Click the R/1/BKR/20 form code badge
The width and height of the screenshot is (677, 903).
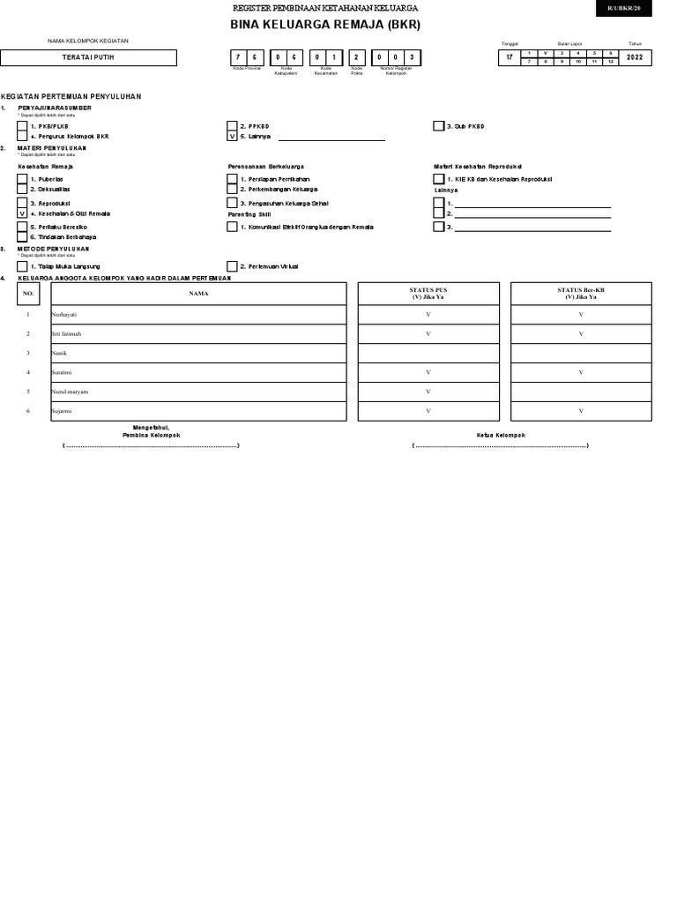pos(623,8)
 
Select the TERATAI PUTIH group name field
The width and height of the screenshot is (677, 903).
pos(88,57)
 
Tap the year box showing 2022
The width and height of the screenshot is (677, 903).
pos(635,57)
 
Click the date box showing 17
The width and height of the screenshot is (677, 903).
pos(509,57)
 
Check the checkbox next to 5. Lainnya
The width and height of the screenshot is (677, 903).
pos(232,137)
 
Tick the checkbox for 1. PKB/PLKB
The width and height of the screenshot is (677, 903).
pos(22,126)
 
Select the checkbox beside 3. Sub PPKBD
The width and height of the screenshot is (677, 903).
pos(438,126)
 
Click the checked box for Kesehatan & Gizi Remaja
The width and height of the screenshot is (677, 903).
pos(22,213)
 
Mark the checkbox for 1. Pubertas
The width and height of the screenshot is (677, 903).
pos(22,179)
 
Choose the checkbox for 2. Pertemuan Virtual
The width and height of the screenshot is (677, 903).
pos(232,265)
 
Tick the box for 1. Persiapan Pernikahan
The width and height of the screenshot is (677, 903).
pos(232,179)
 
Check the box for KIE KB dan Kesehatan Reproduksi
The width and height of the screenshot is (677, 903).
pos(438,179)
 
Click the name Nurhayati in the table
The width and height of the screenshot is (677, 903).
pos(64,315)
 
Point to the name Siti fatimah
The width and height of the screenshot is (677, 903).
pos(67,334)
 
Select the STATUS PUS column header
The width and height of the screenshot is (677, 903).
pos(428,293)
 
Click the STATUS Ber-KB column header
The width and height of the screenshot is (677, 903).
pos(581,293)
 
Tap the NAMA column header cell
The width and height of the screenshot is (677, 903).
pos(198,293)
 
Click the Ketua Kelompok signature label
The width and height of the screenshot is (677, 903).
pos(500,435)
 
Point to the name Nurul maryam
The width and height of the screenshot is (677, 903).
pos(70,392)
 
